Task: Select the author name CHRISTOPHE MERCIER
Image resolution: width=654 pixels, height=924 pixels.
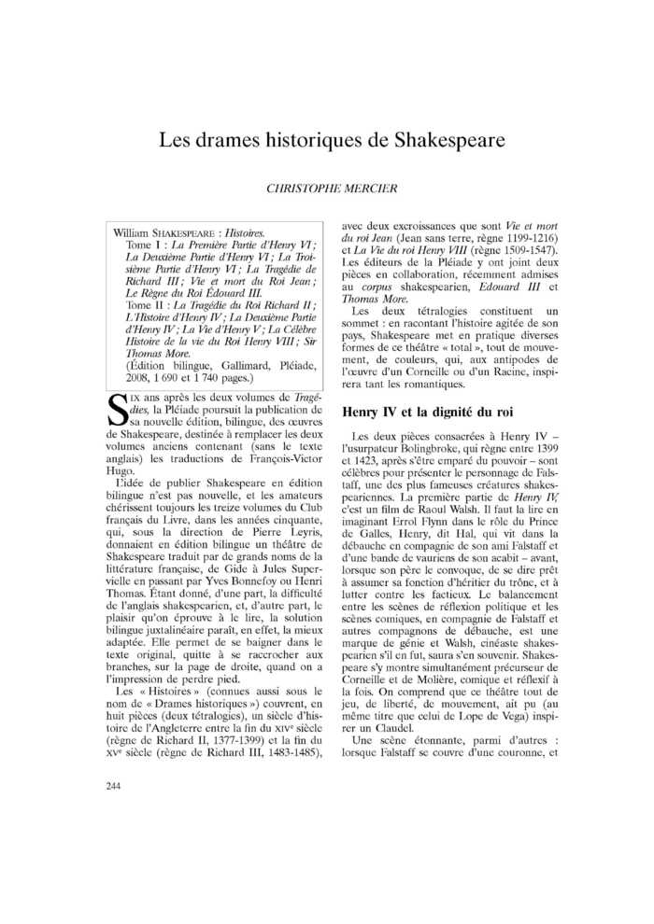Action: point(332,189)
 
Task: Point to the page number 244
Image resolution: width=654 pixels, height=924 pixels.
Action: point(114,786)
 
